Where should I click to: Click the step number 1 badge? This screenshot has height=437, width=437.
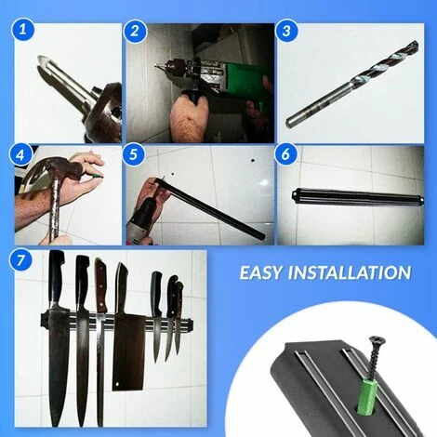click(22, 31)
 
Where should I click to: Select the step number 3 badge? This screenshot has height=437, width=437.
click(286, 32)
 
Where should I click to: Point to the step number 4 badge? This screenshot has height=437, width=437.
click(20, 155)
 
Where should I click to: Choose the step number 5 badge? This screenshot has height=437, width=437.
click(134, 154)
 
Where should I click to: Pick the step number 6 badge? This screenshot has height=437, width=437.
click(285, 154)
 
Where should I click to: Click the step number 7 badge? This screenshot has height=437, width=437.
click(20, 260)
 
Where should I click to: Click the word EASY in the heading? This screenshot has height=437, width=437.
click(261, 273)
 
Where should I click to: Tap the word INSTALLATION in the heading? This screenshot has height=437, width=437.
click(350, 273)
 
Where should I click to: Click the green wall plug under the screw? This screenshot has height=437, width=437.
click(366, 396)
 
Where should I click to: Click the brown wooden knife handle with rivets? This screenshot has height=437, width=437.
click(101, 285)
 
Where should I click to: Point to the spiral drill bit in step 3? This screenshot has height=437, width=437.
click(353, 83)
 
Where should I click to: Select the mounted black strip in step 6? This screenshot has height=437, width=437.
click(358, 197)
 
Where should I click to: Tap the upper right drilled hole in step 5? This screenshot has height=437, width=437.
click(253, 161)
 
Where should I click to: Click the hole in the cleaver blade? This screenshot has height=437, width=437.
click(117, 385)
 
